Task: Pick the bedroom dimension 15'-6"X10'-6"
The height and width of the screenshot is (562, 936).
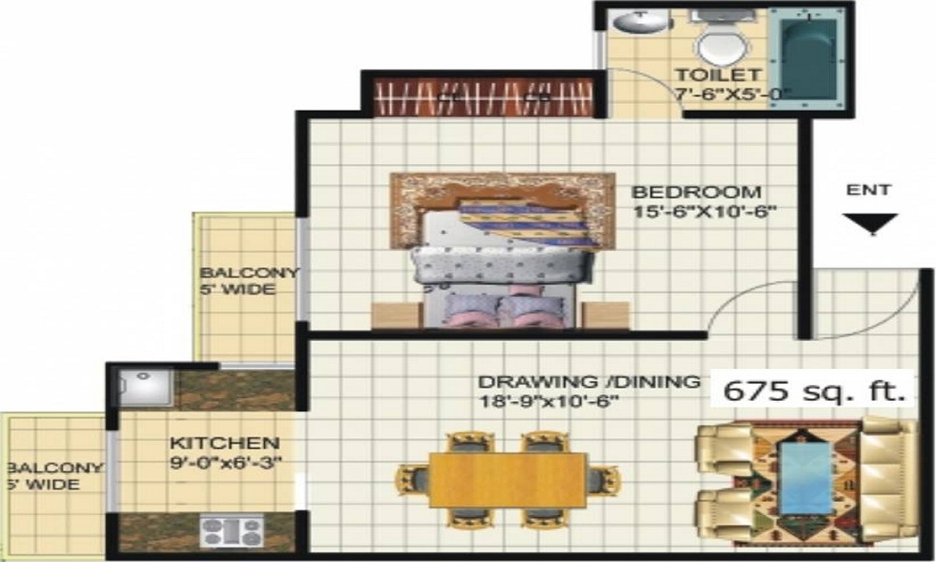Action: click(706, 211)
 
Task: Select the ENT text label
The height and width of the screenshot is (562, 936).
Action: click(869, 190)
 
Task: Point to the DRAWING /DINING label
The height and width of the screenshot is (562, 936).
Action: click(589, 382)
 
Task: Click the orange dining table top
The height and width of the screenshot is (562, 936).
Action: click(508, 480)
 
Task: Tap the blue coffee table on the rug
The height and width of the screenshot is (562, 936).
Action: click(806, 478)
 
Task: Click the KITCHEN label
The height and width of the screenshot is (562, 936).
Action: click(224, 442)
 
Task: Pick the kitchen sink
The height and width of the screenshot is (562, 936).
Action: click(145, 386)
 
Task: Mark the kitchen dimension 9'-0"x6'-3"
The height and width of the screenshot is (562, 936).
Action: click(225, 462)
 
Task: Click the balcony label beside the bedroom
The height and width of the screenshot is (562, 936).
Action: click(249, 281)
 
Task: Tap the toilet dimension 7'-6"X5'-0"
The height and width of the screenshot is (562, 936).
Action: click(733, 94)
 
